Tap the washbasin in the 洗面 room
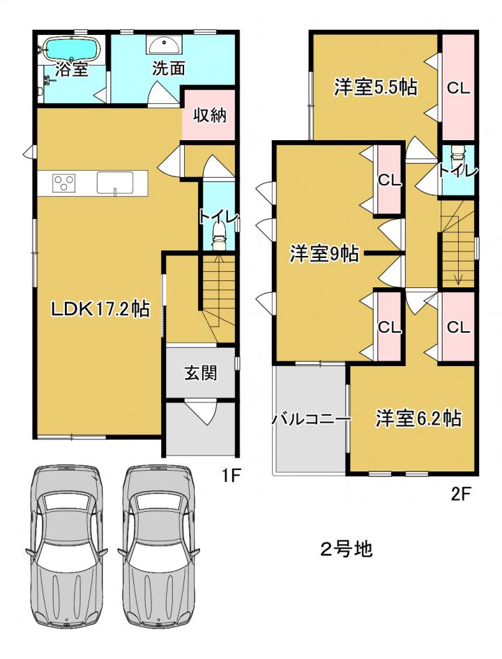(x=165, y=44)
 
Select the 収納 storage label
(x=209, y=114)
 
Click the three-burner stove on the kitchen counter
(x=64, y=183)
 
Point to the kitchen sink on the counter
(x=114, y=183)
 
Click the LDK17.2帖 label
(x=100, y=310)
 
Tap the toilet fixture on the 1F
(x=218, y=236)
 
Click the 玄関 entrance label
(x=200, y=372)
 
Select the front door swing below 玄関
(x=201, y=413)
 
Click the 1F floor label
(x=230, y=476)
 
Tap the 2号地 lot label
(x=346, y=549)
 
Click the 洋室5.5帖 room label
(x=376, y=88)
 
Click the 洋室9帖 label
(x=324, y=254)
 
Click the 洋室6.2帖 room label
(x=418, y=418)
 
